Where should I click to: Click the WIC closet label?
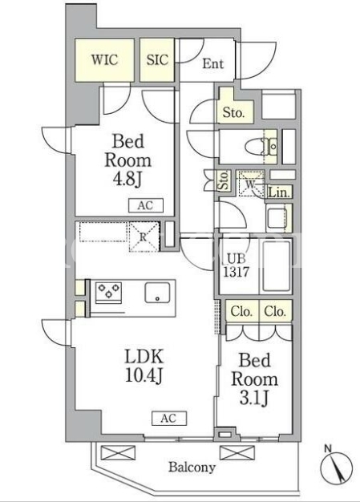pyautogui.click(x=104, y=60)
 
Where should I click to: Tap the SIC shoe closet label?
pyautogui.click(x=157, y=60)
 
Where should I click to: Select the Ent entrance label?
pyautogui.click(x=212, y=63)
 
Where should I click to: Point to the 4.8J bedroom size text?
pyautogui.click(x=127, y=180)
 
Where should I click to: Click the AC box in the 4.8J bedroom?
pyautogui.click(x=146, y=205)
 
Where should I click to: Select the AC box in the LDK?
pyautogui.click(x=169, y=418)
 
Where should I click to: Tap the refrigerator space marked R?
pyautogui.click(x=144, y=237)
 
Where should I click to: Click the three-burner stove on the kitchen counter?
pyautogui.click(x=109, y=293)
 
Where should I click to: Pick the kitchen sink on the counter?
pyautogui.click(x=157, y=293)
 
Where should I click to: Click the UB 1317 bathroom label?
pyautogui.click(x=237, y=265)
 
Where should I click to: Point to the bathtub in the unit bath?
pyautogui.click(x=276, y=267)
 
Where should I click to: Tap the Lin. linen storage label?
pyautogui.click(x=280, y=192)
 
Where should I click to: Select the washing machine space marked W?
pyautogui.click(x=251, y=183)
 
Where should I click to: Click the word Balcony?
pyautogui.click(x=192, y=468)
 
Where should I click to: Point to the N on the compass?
pyautogui.click(x=328, y=449)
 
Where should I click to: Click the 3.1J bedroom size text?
pyautogui.click(x=253, y=399)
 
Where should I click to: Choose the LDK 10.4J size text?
pyautogui.click(x=144, y=366)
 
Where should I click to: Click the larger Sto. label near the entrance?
pyautogui.click(x=233, y=113)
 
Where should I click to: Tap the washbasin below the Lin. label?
pyautogui.click(x=277, y=218)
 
